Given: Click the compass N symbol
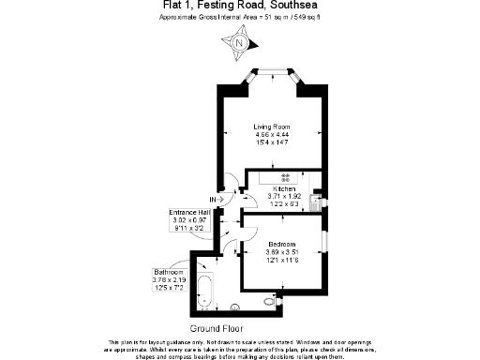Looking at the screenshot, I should click(x=240, y=42).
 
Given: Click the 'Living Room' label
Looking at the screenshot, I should click(x=272, y=127).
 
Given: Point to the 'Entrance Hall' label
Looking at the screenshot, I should click(x=190, y=212).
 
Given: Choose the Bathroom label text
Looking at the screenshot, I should click(x=169, y=272).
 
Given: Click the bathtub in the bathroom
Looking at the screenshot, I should click(x=207, y=291).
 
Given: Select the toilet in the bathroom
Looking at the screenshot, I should click(x=272, y=303).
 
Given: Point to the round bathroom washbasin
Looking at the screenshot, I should click(x=234, y=306).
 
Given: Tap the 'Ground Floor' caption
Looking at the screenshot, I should click(x=217, y=329).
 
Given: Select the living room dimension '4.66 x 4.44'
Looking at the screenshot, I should click(x=272, y=134).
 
